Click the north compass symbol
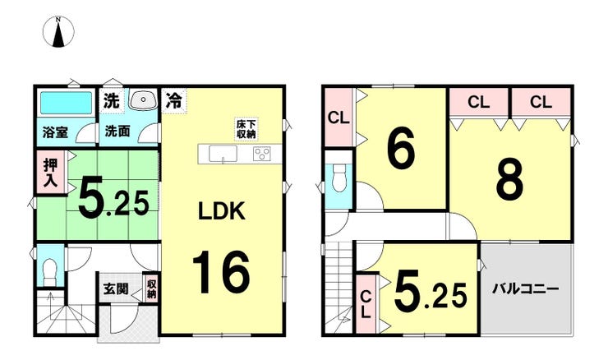(x=58, y=32)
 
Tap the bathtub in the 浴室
(x=67, y=103)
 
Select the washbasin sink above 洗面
(x=143, y=100)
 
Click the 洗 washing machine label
(x=111, y=101)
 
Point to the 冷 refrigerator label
(x=173, y=100)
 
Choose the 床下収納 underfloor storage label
(x=246, y=129)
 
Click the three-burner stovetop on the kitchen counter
(x=262, y=154)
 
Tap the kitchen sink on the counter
(x=223, y=154)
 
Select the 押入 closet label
(x=50, y=173)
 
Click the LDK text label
(x=221, y=211)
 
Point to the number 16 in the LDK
(x=221, y=272)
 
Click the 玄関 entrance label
(x=116, y=288)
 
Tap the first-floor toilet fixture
(x=49, y=271)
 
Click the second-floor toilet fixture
(x=339, y=178)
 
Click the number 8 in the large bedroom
(x=510, y=179)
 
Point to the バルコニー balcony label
(x=525, y=289)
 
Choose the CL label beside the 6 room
(x=339, y=118)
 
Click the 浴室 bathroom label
(x=55, y=132)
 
